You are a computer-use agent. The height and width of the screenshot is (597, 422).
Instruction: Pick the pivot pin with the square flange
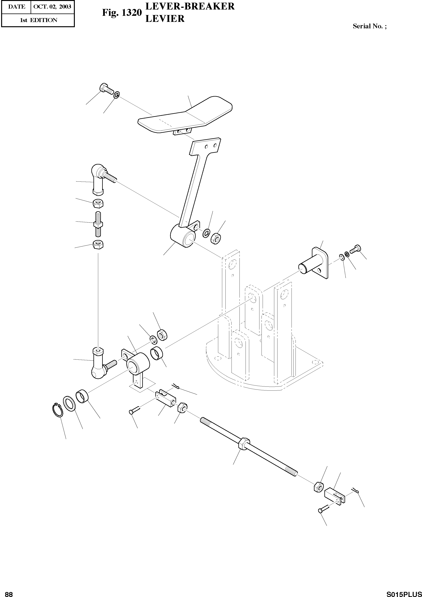[315, 265]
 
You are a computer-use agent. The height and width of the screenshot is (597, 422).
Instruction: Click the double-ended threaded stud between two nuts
[97, 224]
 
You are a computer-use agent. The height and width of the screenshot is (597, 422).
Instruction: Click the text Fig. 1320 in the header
[122, 13]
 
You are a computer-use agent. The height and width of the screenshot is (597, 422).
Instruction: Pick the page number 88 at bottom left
[9, 592]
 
